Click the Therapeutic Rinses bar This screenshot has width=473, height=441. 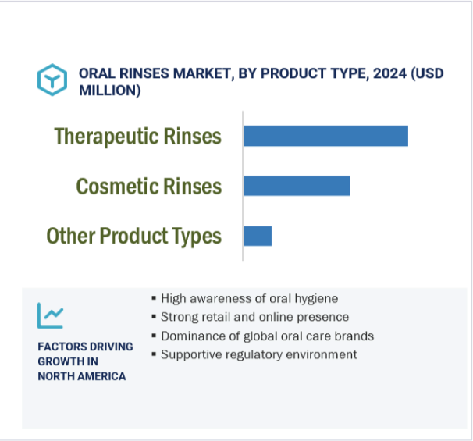[325, 136]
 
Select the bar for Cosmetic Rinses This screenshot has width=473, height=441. [297, 186]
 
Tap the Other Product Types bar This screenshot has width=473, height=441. [258, 236]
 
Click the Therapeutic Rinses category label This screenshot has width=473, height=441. [138, 137]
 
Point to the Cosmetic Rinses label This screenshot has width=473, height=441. [149, 186]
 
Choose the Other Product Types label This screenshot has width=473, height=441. [134, 237]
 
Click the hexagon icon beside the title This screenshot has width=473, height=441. [52, 80]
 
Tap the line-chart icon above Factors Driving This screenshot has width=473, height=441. [51, 315]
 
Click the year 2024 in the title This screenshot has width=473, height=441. [389, 73]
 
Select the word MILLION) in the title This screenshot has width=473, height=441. [110, 91]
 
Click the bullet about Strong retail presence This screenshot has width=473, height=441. [255, 317]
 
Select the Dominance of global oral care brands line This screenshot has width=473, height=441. [267, 336]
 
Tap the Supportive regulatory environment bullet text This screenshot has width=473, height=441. [259, 354]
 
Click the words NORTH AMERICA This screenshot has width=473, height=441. [82, 376]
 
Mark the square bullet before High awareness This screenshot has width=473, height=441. [154, 298]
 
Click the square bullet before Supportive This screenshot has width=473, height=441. [154, 354]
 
